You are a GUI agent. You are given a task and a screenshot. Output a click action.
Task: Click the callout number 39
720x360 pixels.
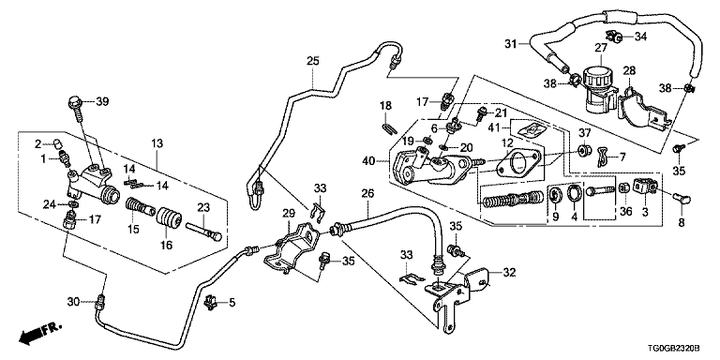[102, 101]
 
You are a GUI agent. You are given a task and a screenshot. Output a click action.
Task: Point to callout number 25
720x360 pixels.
[313, 61]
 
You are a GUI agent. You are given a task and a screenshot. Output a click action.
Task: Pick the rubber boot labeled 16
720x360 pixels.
[170, 218]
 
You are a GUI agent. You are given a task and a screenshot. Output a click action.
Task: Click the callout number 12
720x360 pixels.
[506, 142]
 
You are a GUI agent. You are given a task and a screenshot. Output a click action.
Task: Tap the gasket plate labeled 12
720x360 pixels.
[515, 163]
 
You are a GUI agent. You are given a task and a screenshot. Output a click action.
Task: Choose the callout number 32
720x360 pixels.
[509, 273]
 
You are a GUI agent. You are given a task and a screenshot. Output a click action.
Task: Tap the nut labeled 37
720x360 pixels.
[585, 150]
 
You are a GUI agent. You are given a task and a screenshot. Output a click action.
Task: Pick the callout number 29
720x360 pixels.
[288, 213]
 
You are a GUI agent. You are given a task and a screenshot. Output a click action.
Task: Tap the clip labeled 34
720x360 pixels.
[614, 36]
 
